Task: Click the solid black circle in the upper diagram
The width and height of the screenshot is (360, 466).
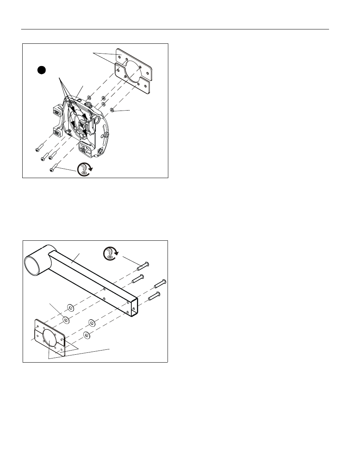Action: point(42,70)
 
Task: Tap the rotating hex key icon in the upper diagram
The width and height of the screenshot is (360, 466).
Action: point(84,169)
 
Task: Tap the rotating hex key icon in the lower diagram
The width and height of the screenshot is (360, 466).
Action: point(109,253)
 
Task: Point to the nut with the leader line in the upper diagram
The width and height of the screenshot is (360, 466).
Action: point(112,109)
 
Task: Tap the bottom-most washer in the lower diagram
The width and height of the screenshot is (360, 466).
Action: point(87,334)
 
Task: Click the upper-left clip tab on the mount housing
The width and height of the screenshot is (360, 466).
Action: point(56,113)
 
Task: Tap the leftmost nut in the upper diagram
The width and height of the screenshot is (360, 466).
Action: point(89,98)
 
